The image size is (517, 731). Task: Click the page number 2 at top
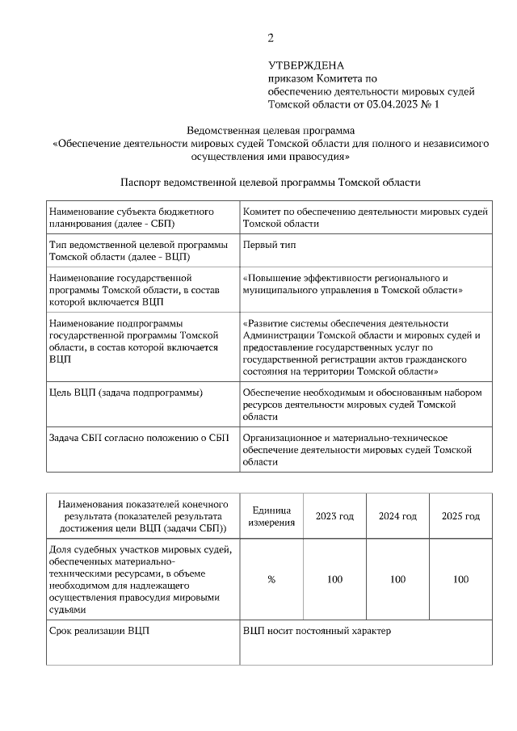[271, 37]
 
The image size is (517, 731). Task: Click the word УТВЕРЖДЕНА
[306, 65]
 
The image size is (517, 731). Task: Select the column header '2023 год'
[334, 516]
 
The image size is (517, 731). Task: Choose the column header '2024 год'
[397, 516]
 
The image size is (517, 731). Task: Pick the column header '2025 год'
[460, 516]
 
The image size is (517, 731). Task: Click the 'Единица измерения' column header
[271, 516]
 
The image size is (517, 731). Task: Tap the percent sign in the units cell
[271, 579]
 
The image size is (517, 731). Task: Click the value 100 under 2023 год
[334, 579]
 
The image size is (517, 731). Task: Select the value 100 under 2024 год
[397, 579]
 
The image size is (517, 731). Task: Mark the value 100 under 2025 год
[460, 579]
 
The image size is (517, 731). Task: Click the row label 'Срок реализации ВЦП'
[99, 630]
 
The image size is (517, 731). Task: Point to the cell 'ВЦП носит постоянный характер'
[317, 630]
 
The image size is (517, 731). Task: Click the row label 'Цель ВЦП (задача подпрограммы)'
[126, 392]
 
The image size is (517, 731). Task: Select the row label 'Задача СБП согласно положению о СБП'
[139, 438]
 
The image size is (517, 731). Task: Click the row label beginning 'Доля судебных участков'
[141, 579]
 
